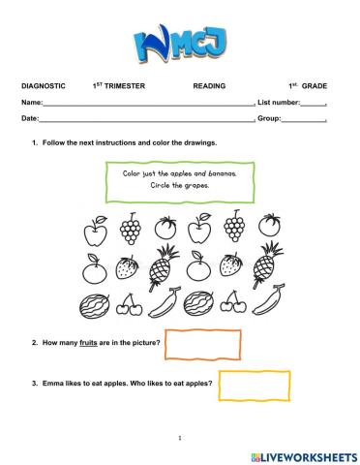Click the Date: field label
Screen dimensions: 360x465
(30, 118)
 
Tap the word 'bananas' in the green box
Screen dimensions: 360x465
(219, 173)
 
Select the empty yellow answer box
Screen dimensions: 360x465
(241, 385)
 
